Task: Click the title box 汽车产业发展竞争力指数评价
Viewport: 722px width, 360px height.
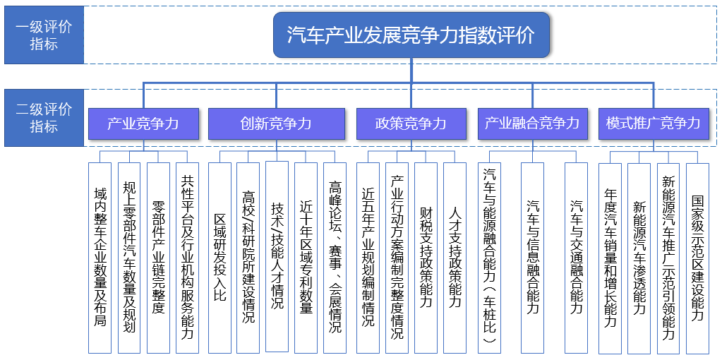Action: coord(411,35)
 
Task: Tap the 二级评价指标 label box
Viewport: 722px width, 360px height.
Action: coord(44,118)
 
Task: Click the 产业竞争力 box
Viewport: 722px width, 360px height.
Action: coord(143,124)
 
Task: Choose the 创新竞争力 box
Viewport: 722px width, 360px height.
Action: coord(276,124)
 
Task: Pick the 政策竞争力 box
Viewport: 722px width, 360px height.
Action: coord(411,124)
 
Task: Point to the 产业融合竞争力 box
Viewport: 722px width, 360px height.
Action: coord(532,124)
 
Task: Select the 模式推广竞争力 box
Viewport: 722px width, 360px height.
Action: coord(654,124)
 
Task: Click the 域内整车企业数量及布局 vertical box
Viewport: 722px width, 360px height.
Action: coord(100,258)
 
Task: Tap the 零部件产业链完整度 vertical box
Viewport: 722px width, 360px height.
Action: coord(158,258)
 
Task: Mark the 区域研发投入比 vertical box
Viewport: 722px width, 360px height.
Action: coord(219,258)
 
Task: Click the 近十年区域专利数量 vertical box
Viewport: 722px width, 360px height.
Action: coord(306,258)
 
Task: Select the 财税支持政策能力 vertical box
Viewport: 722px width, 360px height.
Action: coord(426,258)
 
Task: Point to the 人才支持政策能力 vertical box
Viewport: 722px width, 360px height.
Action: coord(455,258)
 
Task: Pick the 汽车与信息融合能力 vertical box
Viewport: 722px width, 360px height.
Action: coord(532,258)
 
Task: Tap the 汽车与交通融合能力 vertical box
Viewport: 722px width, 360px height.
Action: coord(576,258)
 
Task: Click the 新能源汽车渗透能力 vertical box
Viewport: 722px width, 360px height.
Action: coord(639,258)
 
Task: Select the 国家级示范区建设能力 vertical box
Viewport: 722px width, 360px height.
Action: coord(697,258)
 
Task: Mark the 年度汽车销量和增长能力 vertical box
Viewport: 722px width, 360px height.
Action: coord(610,258)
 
